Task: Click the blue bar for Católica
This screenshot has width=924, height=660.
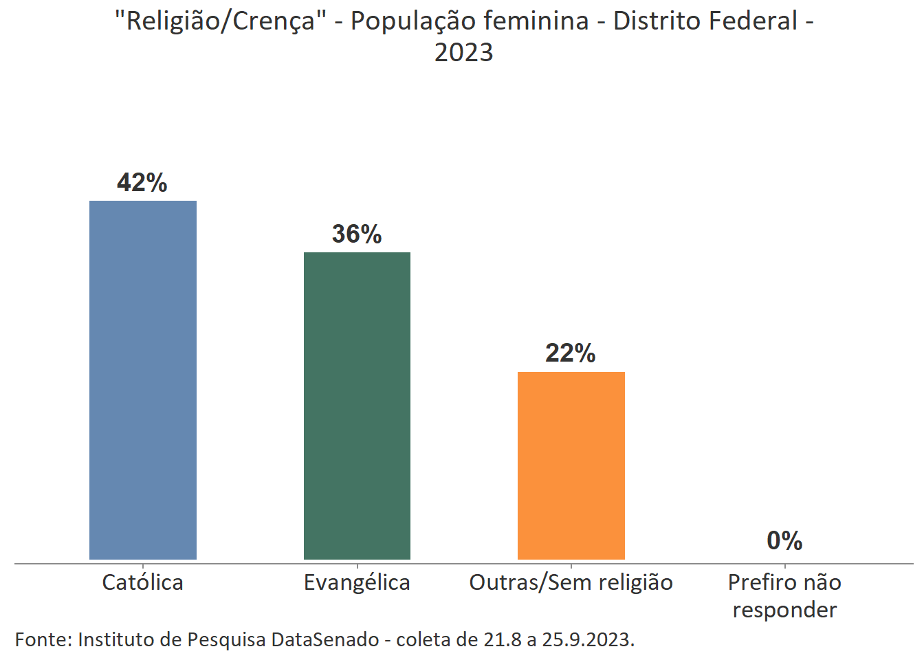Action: [x=143, y=379]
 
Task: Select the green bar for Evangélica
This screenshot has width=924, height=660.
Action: [x=357, y=406]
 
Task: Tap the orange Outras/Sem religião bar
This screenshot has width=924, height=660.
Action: [x=571, y=465]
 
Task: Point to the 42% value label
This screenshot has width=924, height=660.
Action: [x=142, y=183]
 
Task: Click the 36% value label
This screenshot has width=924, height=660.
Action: [x=357, y=234]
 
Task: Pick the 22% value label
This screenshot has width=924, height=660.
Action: [x=571, y=353]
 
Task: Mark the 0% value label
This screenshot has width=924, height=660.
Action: [x=784, y=541]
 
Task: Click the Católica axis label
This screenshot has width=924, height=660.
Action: [x=143, y=583]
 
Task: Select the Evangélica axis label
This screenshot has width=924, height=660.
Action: [x=357, y=583]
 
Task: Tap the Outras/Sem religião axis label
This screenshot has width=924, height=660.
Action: [x=571, y=583]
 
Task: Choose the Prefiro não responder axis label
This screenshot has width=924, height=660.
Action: [x=784, y=596]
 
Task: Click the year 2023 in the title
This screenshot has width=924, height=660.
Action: [x=463, y=53]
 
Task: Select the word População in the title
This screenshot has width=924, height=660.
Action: [x=411, y=22]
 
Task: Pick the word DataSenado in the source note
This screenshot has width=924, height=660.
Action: [x=324, y=640]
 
